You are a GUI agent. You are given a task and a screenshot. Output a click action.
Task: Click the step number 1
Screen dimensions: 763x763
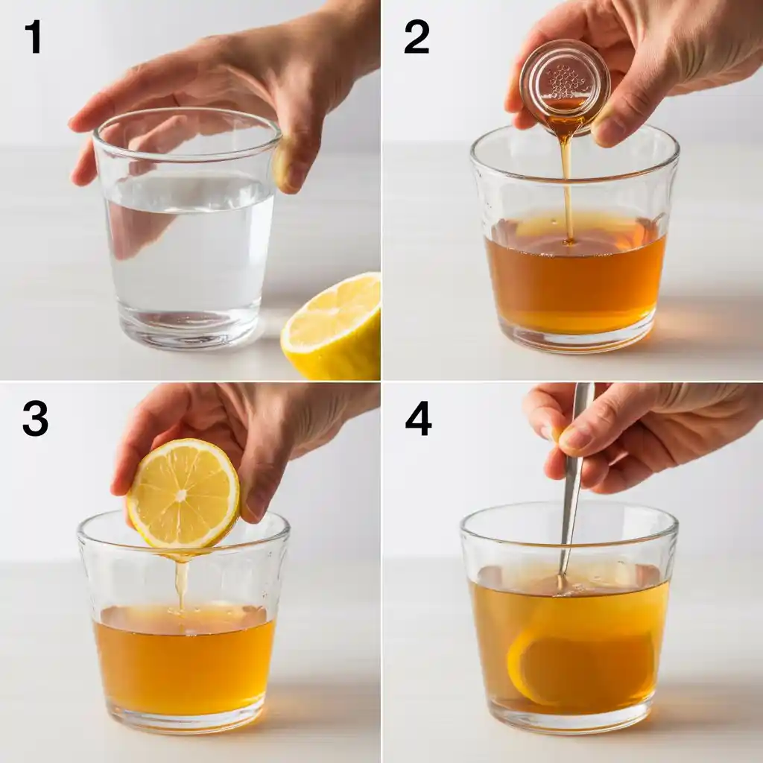tap(33, 37)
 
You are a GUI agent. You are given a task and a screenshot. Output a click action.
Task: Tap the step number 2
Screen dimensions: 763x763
tap(417, 37)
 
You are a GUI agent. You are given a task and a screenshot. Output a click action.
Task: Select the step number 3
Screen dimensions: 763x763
tap(36, 420)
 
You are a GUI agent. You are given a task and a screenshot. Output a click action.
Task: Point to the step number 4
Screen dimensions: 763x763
tap(419, 420)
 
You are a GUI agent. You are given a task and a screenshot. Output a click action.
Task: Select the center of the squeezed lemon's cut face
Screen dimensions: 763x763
tap(181, 496)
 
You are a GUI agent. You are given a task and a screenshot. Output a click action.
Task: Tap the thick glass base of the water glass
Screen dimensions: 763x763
tap(188, 327)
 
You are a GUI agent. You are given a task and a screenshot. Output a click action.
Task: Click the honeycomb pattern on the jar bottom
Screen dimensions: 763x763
tap(566, 80)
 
